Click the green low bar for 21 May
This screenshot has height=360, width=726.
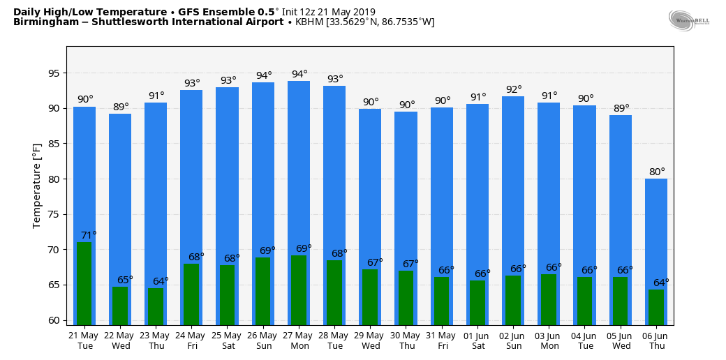coord(84,283)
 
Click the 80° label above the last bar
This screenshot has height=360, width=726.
coord(657,172)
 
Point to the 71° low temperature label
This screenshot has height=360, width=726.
coord(89,235)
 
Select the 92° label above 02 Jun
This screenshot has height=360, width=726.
coord(514,89)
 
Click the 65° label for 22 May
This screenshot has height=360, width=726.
coord(125,280)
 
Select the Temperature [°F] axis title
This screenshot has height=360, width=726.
coord(37,186)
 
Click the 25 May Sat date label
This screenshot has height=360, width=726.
coord(227,340)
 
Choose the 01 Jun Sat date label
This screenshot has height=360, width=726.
coord(477,340)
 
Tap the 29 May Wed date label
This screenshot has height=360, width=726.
coord(370,340)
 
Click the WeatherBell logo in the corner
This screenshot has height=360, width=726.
coord(688,20)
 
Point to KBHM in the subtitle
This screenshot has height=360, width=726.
coord(309,22)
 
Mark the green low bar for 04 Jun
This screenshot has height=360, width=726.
coord(584,301)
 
